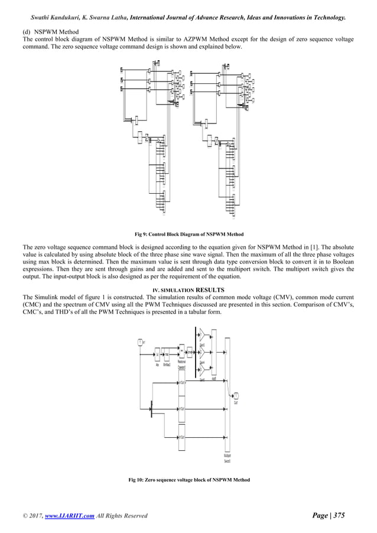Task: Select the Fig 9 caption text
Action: click(x=188, y=235)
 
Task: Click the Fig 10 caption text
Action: click(x=188, y=479)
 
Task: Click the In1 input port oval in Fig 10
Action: click(x=140, y=342)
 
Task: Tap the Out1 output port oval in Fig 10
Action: click(x=236, y=396)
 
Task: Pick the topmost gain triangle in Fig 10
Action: click(x=201, y=335)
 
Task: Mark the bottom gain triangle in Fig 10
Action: click(x=201, y=370)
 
